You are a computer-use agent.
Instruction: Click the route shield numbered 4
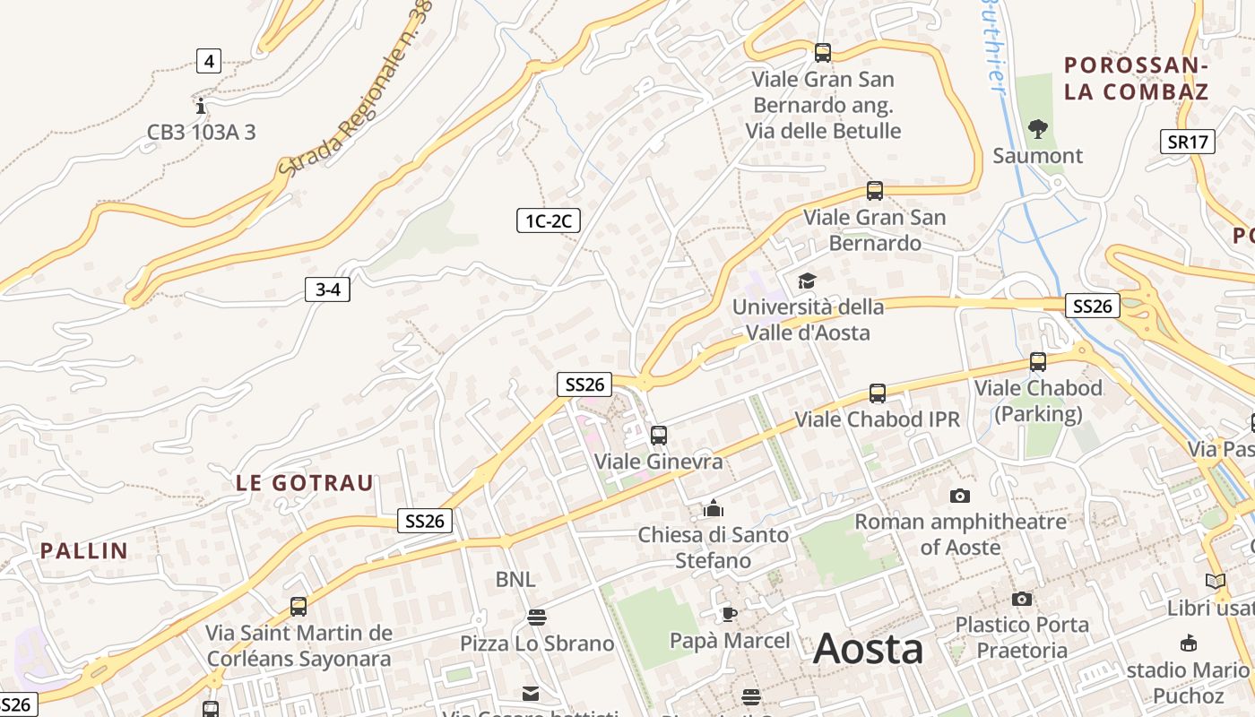coord(209,61)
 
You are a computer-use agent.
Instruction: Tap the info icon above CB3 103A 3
coord(201,106)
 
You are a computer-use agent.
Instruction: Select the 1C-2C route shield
coord(549,220)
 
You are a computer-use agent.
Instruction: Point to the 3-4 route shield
coord(327,289)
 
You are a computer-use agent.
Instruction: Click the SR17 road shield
coord(1189,141)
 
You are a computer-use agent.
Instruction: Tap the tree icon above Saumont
coord(1038,129)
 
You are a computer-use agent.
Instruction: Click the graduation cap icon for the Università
coord(807,281)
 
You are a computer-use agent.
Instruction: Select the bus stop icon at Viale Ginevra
coord(659,436)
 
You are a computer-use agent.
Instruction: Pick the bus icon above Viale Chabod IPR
coord(878,393)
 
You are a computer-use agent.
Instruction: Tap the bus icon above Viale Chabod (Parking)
coord(1038,362)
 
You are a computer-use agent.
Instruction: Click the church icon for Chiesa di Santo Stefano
coord(714,509)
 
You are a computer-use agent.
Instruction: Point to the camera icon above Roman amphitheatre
coord(960,496)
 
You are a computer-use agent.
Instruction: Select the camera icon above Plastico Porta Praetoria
coord(1022,599)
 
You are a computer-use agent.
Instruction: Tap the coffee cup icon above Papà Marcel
coord(730,614)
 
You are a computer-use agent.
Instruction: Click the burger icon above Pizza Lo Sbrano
coord(537,617)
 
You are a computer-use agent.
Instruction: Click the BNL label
coord(515,580)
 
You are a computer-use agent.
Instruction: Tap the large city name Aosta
coord(868,649)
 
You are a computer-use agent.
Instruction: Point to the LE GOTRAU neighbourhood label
coord(305,483)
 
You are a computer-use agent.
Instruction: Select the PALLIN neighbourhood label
coord(84,550)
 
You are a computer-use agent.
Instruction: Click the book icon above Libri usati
coord(1216,581)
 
